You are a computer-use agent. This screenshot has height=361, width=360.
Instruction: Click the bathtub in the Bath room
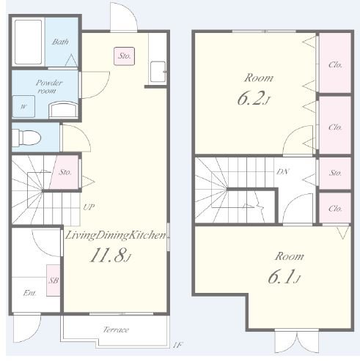click(x=28, y=42)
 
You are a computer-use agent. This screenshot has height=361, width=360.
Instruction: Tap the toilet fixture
click(x=26, y=138)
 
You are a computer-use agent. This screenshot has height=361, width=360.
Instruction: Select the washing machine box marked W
click(x=23, y=106)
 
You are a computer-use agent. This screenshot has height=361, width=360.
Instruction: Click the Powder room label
click(x=49, y=86)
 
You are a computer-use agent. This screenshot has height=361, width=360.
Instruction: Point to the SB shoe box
click(x=54, y=280)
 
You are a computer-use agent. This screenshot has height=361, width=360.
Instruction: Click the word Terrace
click(x=116, y=330)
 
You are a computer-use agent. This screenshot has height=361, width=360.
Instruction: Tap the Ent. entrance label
click(x=29, y=293)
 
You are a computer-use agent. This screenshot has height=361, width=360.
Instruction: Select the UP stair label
click(x=89, y=207)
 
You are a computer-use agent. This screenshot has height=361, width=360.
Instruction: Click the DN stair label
click(x=282, y=171)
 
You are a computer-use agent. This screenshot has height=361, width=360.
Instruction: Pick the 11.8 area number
click(x=110, y=255)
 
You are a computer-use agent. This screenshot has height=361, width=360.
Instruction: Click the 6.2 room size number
click(x=253, y=98)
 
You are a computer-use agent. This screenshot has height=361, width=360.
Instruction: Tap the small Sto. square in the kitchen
click(x=124, y=56)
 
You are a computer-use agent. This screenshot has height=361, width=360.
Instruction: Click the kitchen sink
click(x=158, y=72)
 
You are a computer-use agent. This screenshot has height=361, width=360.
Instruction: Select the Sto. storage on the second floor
click(x=335, y=173)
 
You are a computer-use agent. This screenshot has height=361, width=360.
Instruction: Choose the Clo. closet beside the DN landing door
click(x=335, y=208)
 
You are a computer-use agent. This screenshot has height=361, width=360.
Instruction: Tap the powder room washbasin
click(x=64, y=110)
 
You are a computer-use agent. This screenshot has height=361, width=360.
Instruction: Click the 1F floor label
click(x=177, y=345)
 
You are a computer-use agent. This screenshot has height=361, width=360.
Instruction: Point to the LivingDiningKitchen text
click(x=115, y=236)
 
